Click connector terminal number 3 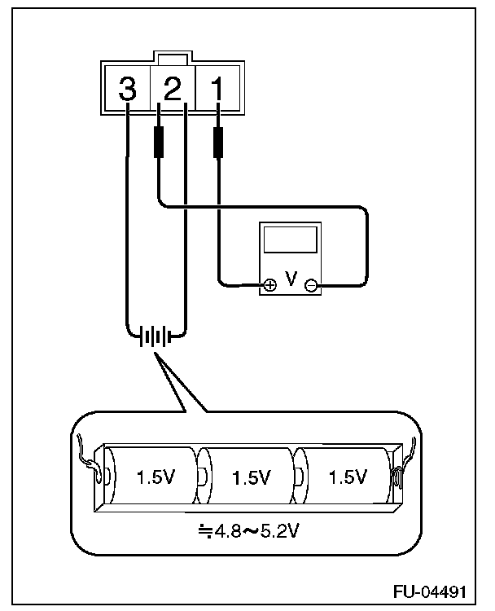[127, 89]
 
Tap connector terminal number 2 [173, 89]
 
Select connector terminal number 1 [217, 89]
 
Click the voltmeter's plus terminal [269, 284]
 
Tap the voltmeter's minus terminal [310, 284]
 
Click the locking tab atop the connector [173, 59]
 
